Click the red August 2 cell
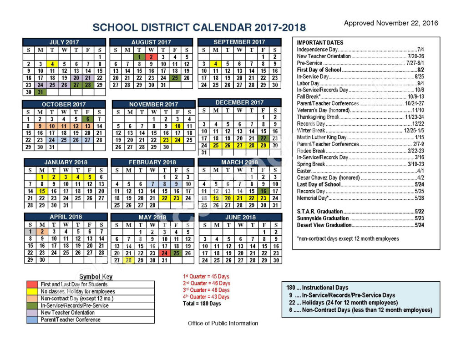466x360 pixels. pyautogui.click(x=151, y=57)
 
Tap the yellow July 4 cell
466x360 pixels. pyautogui.click(x=52, y=64)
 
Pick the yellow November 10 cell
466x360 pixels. pyautogui.click(x=177, y=126)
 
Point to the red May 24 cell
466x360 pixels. pyautogui.click(x=164, y=253)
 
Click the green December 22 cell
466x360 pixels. pyautogui.click(x=263, y=138)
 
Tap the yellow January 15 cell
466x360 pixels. pyautogui.click(x=41, y=191)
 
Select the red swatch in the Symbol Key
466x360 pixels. pyautogui.click(x=32, y=284)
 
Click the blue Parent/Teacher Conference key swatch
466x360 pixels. pyautogui.click(x=32, y=319)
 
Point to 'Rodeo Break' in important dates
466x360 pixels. pyautogui.click(x=311, y=151)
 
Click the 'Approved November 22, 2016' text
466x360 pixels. pyautogui.click(x=390, y=23)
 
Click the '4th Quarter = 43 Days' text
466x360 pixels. pyautogui.click(x=206, y=297)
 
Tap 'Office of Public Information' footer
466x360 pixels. pyautogui.click(x=223, y=323)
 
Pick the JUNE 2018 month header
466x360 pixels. pyautogui.click(x=240, y=217)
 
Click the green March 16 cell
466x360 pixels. pyautogui.click(x=263, y=191)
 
